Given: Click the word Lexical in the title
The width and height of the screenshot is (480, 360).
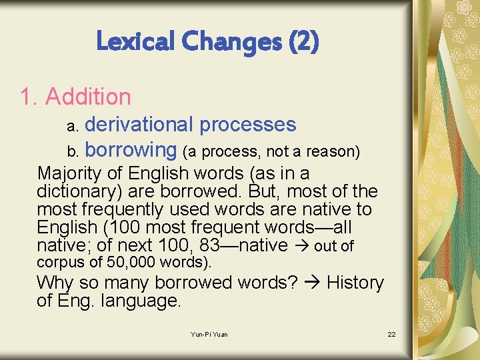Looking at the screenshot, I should tap(131, 42).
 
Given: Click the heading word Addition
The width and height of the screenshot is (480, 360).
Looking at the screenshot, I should tap(88, 97).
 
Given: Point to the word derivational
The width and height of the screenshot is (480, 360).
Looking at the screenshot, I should tap(139, 125).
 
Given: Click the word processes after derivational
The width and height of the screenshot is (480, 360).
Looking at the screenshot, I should tap(247, 125).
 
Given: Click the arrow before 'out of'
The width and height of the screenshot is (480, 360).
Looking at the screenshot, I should tap(301, 246).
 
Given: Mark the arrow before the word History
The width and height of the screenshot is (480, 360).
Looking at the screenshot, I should tap(312, 283).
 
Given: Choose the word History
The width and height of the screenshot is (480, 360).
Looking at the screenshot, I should tap(355, 283).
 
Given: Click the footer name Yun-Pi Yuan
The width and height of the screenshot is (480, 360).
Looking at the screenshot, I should tap(209, 334).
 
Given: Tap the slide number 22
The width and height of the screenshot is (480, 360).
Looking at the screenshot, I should tap(391, 334).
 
